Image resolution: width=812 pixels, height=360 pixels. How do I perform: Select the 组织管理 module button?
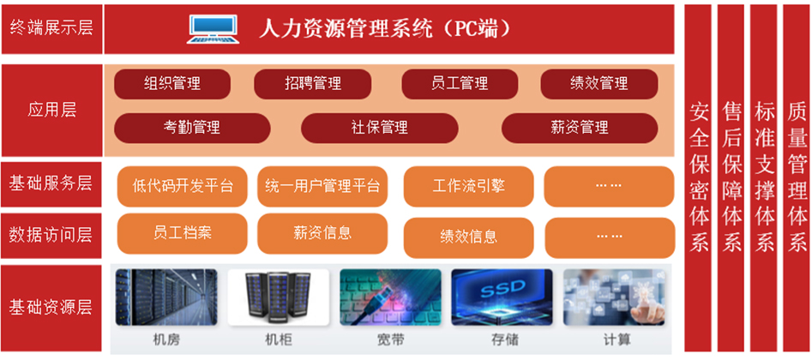(x=172, y=84)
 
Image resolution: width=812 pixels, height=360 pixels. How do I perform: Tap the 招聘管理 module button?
(x=312, y=84)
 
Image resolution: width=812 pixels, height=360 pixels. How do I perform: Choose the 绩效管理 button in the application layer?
(x=599, y=84)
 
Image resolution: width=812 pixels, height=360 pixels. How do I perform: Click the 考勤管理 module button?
(x=192, y=128)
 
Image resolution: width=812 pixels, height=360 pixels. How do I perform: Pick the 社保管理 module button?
(x=380, y=128)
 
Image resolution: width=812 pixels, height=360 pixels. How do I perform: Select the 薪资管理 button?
(x=580, y=128)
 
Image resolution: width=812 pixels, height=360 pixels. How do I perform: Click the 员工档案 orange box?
(x=183, y=234)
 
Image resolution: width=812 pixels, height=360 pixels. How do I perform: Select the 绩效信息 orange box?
(x=468, y=237)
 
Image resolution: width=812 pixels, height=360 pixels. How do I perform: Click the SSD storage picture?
(x=502, y=297)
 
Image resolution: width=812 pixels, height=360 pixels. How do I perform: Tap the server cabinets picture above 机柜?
(x=279, y=297)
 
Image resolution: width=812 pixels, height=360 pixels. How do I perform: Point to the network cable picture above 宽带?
(x=390, y=297)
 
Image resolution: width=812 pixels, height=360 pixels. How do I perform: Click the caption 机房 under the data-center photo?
(x=166, y=340)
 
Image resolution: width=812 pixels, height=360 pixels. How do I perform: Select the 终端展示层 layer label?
(x=51, y=28)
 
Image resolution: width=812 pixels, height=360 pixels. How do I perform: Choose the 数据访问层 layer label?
(x=51, y=235)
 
